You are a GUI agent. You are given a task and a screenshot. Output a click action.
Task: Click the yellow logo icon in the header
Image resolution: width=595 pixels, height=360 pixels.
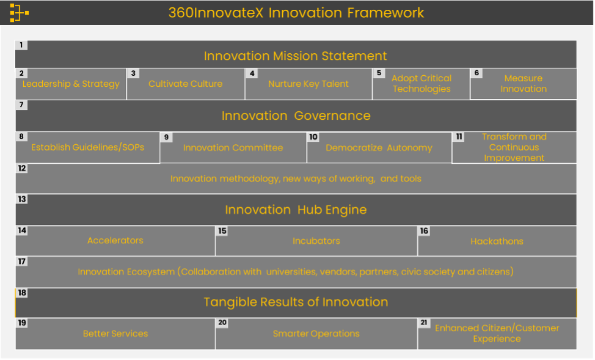[19, 13]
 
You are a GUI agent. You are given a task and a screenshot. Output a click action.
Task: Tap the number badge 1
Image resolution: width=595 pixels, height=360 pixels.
[21, 45]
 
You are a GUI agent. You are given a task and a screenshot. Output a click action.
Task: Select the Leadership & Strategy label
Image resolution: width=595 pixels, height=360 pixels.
[71, 84]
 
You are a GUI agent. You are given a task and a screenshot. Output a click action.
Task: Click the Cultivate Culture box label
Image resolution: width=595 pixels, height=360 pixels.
[185, 84]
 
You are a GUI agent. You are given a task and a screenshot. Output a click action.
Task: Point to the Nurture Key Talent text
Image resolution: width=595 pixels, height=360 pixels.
[308, 84]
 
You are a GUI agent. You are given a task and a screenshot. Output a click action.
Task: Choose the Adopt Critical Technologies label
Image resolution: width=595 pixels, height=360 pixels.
[422, 84]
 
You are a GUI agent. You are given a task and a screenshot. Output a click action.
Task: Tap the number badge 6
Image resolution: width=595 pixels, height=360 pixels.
[477, 73]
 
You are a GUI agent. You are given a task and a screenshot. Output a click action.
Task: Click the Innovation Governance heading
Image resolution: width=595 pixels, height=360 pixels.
[296, 116]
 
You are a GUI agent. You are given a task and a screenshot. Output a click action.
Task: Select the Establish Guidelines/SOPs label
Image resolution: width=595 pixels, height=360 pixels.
[87, 147]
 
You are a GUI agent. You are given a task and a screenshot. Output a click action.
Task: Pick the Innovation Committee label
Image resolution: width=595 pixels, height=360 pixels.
[233, 147]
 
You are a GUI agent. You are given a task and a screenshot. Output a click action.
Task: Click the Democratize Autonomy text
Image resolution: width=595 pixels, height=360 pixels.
[379, 147]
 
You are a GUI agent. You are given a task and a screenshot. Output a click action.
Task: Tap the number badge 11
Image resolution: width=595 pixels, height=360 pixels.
[459, 137]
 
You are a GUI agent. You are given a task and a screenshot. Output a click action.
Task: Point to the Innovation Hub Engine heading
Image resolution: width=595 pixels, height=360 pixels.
[296, 210]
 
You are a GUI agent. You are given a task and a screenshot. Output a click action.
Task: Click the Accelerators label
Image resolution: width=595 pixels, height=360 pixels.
[115, 241]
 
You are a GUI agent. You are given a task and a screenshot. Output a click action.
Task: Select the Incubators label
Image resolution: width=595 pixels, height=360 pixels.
[316, 241]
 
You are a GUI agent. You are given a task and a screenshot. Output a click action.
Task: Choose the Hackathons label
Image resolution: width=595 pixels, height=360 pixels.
[497, 241]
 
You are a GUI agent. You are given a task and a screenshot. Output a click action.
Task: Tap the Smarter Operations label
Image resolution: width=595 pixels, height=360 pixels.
[316, 334]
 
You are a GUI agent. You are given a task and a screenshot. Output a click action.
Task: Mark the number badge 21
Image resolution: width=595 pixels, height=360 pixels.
[424, 323]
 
